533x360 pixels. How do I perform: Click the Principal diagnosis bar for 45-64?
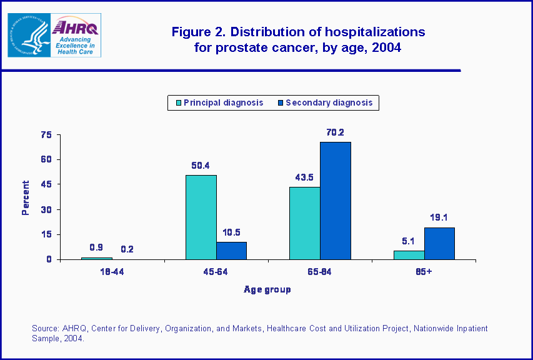click(201, 217)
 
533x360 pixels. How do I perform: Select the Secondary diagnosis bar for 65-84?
click(336, 201)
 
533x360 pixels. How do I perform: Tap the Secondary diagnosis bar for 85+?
click(439, 243)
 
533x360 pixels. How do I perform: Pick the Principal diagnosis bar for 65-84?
click(305, 223)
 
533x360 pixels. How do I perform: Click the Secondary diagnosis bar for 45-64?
click(231, 251)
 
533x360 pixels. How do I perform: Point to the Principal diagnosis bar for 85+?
click(409, 255)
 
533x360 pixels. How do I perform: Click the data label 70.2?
click(336, 132)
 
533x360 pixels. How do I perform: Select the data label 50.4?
click(201, 165)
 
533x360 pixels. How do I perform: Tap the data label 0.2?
click(127, 249)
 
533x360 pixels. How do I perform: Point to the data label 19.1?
click(439, 217)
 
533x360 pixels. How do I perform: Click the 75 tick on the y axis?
click(45, 134)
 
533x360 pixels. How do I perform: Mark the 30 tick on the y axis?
click(45, 209)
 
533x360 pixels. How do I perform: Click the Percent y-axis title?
click(26, 197)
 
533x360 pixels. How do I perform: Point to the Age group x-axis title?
click(267, 289)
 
